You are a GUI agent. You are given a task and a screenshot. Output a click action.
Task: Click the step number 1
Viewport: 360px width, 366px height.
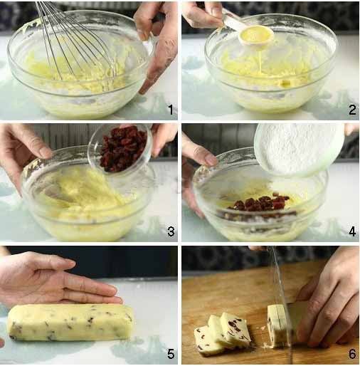(171, 110)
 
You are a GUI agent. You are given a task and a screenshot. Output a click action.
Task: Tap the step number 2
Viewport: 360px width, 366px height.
(352, 110)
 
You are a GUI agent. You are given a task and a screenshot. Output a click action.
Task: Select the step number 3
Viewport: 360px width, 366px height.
(171, 231)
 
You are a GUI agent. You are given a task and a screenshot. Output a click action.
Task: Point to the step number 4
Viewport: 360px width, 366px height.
(352, 231)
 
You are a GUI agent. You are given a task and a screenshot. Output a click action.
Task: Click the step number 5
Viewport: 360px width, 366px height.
(171, 354)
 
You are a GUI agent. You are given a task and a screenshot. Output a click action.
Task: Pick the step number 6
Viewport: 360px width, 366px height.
(352, 354)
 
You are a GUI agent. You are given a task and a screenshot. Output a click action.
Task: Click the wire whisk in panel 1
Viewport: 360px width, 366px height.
(76, 43)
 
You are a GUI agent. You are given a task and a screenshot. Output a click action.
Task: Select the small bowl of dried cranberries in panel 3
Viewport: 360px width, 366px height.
(120, 148)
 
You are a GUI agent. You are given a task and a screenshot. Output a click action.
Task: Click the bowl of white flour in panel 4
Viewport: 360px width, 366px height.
(300, 149)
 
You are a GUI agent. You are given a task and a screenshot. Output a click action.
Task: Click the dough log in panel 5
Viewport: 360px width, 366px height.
(70, 323)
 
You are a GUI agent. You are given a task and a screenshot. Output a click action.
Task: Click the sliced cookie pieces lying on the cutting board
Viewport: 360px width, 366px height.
(222, 333)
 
